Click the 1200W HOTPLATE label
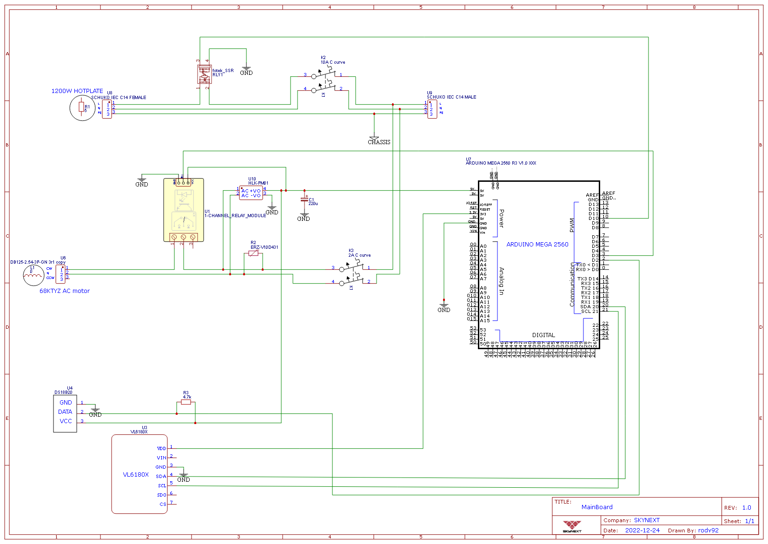pyautogui.click(x=77, y=91)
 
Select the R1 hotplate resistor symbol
pyautogui.click(x=82, y=108)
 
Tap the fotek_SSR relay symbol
pyautogui.click(x=205, y=74)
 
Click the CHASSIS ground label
pyautogui.click(x=379, y=142)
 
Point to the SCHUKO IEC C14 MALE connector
pyautogui.click(x=432, y=109)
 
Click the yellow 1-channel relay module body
pyautogui.click(x=184, y=209)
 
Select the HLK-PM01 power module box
pyautogui.click(x=251, y=193)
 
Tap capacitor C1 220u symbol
pyautogui.click(x=305, y=199)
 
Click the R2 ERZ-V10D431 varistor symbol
pyautogui.click(x=253, y=253)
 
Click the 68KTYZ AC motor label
pyautogui.click(x=64, y=291)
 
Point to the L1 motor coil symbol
pyautogui.click(x=33, y=275)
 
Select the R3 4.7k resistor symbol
pyautogui.click(x=186, y=402)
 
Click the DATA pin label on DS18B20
pyautogui.click(x=65, y=412)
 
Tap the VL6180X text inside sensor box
pyautogui.click(x=136, y=475)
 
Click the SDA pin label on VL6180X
pyautogui.click(x=161, y=476)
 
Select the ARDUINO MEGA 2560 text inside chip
pyautogui.click(x=537, y=245)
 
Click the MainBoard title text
pyautogui.click(x=597, y=507)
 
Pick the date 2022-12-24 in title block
pyautogui.click(x=642, y=531)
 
